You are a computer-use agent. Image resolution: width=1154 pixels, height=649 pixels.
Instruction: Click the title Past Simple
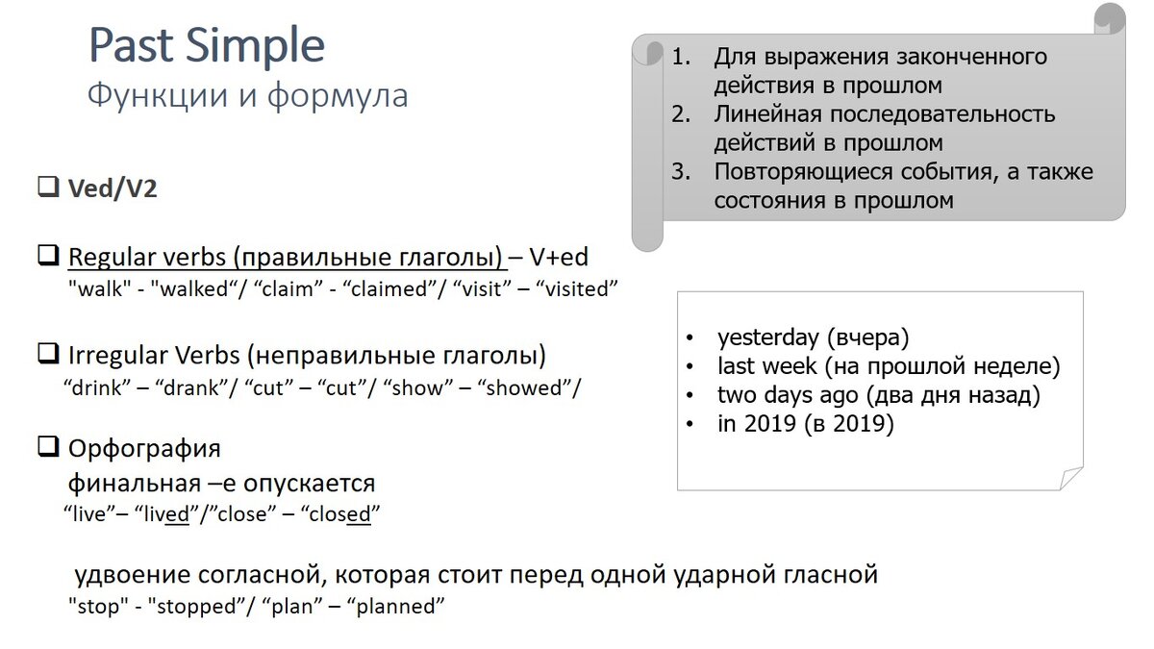pyautogui.click(x=207, y=46)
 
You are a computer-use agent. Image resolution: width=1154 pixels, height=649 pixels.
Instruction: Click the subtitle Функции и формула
pyautogui.click(x=247, y=95)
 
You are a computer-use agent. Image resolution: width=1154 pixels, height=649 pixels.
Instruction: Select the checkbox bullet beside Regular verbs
pyautogui.click(x=48, y=256)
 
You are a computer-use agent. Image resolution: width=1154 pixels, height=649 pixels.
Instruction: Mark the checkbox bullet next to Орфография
pyautogui.click(x=48, y=447)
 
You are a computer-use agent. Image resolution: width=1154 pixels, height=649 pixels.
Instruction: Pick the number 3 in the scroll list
pyautogui.click(x=682, y=172)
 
